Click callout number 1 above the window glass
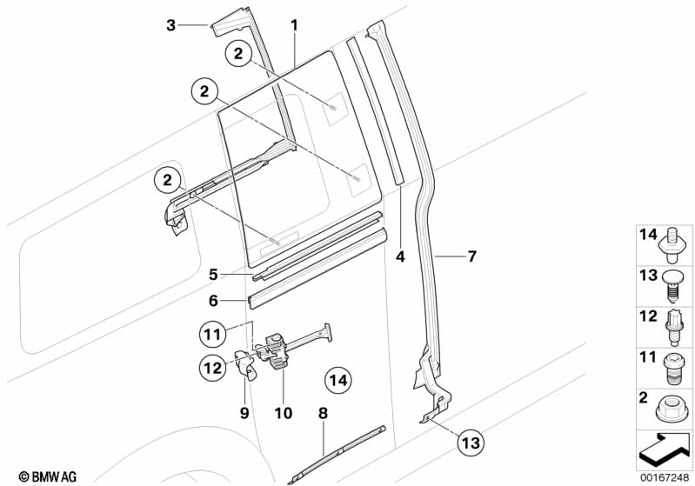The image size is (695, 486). click(294, 25)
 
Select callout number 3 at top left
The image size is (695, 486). click(170, 25)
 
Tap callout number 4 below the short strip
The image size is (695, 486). click(400, 256)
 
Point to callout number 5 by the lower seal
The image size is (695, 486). click(213, 275)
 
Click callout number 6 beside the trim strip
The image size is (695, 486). click(213, 301)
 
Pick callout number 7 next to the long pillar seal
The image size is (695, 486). click(472, 256)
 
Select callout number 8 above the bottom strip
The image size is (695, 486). click(323, 413)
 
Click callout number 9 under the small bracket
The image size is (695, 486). click(244, 413)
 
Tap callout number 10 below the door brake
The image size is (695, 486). click(284, 413)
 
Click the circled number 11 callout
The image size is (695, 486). click(212, 334)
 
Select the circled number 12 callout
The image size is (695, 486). click(212, 367)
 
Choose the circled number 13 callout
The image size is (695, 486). click(471, 443)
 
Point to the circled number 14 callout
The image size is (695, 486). click(338, 380)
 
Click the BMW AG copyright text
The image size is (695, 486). click(48, 476)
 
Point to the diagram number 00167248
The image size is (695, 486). click(665, 477)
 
